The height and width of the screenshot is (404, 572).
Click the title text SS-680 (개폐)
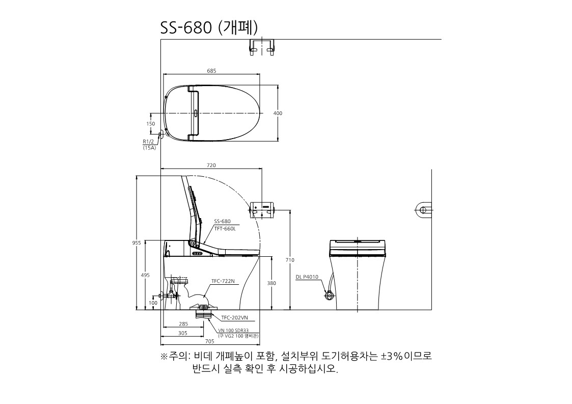[x=209, y=28]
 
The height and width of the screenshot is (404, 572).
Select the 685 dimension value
[x=211, y=71]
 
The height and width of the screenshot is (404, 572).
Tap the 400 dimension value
[x=278, y=113]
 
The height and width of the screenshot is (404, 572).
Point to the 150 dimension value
[x=151, y=124]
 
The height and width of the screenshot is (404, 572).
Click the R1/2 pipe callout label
[x=148, y=142]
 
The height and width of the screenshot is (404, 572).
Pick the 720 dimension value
[x=211, y=166]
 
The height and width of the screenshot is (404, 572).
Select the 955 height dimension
[x=137, y=243]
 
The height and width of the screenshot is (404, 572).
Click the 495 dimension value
[x=145, y=275]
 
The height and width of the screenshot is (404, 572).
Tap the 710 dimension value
[x=290, y=260]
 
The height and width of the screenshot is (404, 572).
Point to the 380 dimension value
[x=271, y=283]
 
